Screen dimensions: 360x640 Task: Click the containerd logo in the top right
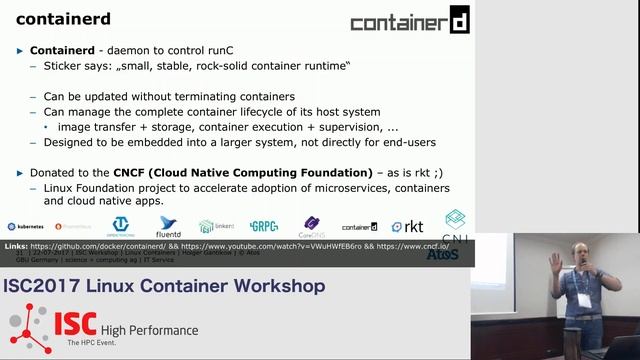[410, 21]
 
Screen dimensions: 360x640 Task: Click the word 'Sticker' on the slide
[65, 65]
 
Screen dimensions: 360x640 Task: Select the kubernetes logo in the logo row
[25, 227]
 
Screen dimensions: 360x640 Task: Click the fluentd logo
[168, 227]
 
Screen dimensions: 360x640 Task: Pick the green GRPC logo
[263, 227]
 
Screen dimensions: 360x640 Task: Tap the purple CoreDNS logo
[312, 226]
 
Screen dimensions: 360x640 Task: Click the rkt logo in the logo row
[407, 227]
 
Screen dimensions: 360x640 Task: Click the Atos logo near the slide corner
[442, 254]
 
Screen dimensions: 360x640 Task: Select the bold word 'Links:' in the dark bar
[16, 245]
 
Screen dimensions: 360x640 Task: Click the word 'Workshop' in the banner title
[278, 287]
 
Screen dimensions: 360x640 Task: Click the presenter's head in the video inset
[579, 253]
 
